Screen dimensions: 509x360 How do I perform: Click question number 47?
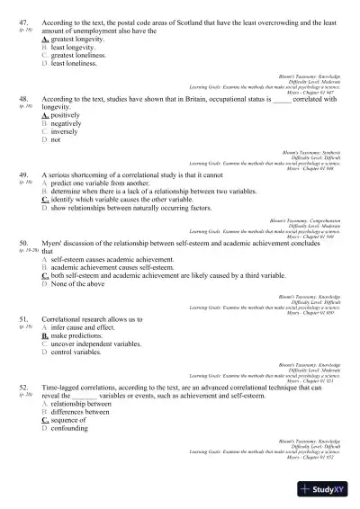pyautogui.click(x=23, y=18)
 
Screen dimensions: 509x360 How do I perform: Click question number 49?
pyautogui.click(x=23, y=174)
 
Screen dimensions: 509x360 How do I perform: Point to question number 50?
pyautogui.click(x=23, y=243)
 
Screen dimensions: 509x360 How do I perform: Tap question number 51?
pyautogui.click(x=23, y=318)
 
